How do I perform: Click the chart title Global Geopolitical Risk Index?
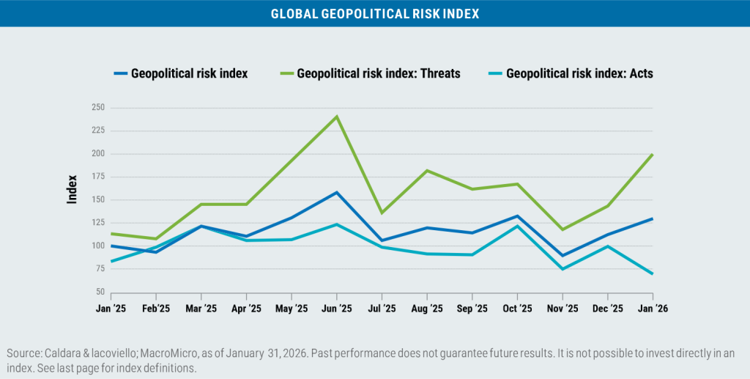[375, 13]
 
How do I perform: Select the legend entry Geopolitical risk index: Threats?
[378, 73]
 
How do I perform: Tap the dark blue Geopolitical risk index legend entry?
[189, 73]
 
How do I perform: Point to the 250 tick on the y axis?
[97, 108]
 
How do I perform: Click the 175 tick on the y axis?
[97, 177]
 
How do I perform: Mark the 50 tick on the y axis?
[100, 292]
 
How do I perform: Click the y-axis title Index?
[73, 188]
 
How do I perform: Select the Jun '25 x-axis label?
[336, 309]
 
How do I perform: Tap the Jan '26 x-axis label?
[651, 309]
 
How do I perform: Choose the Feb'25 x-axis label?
[155, 309]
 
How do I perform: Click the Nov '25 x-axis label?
[560, 309]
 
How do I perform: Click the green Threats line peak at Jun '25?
[336, 117]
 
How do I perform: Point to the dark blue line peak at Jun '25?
[336, 193]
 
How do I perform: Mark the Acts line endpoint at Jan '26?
[651, 273]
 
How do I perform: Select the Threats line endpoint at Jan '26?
[651, 155]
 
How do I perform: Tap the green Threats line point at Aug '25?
[426, 171]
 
